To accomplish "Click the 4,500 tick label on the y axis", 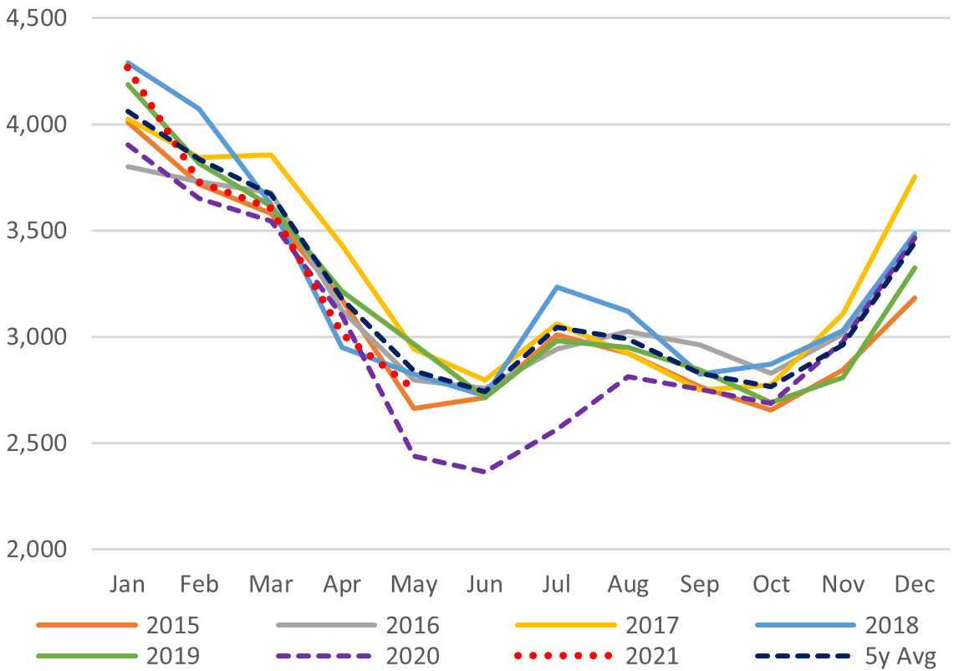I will pyautogui.click(x=38, y=18).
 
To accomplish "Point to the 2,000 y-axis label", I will pyautogui.click(x=38, y=550).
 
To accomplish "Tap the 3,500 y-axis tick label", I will pyautogui.click(x=38, y=231).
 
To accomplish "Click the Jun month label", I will pyautogui.click(x=485, y=583).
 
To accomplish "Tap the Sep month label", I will pyautogui.click(x=699, y=583).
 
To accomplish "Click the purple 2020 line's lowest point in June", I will pyautogui.click(x=485, y=472).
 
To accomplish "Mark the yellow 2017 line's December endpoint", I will pyautogui.click(x=914, y=176).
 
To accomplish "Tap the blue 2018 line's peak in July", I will pyautogui.click(x=557, y=287).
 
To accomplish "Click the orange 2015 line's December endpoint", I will pyautogui.click(x=914, y=297).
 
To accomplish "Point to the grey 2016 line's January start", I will pyautogui.click(x=128, y=166).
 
